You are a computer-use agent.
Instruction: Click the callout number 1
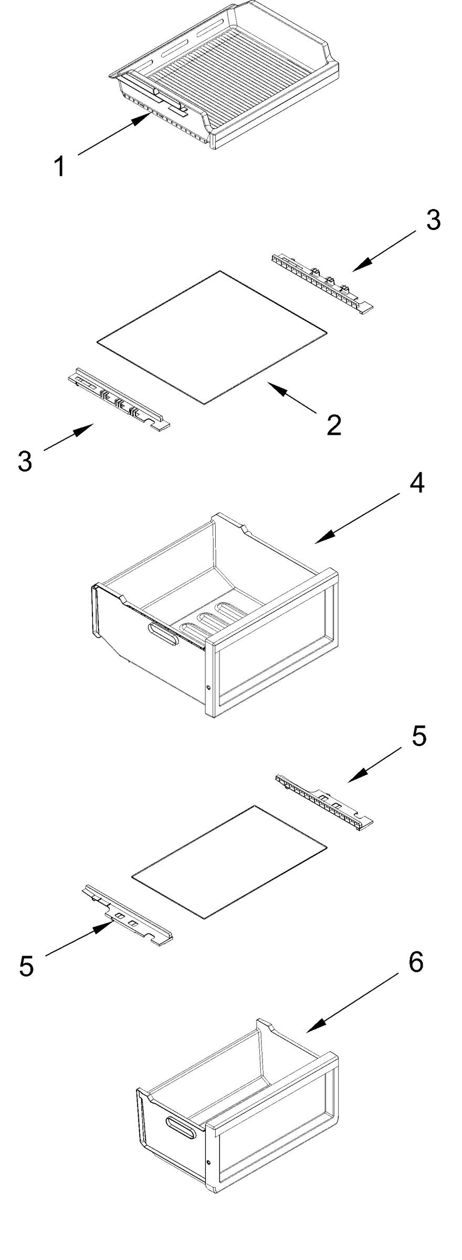60,167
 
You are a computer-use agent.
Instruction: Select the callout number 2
333,425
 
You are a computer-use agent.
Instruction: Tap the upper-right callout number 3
433,220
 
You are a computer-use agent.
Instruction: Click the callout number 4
416,484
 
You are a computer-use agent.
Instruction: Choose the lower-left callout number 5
26,966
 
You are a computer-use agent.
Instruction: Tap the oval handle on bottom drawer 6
180,1127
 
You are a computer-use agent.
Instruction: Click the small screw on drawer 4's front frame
208,687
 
